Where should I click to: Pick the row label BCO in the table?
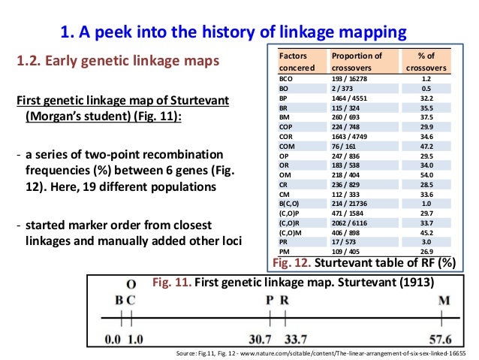pyautogui.click(x=286, y=78)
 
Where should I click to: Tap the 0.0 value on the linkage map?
pyautogui.click(x=113, y=340)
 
